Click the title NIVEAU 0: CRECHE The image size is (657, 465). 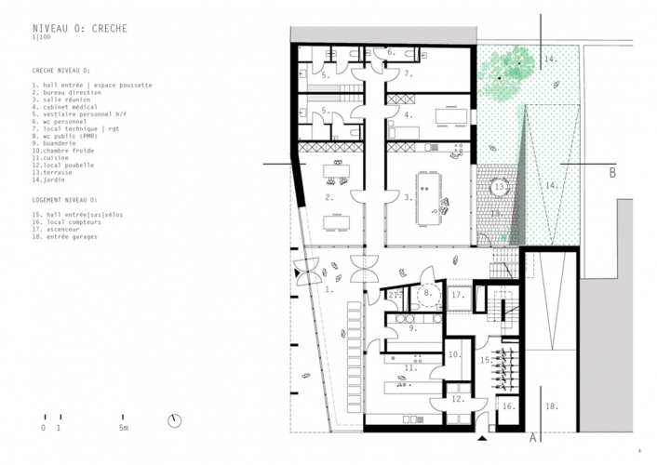pyautogui.click(x=79, y=29)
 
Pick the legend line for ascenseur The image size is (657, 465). pyautogui.click(x=64, y=230)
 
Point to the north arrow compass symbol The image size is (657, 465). pyautogui.click(x=173, y=420)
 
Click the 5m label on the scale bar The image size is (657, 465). pyautogui.click(x=124, y=429)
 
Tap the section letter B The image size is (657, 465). pyautogui.click(x=612, y=172)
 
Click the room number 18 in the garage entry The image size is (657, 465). pyautogui.click(x=551, y=406)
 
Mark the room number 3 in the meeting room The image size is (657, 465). pyautogui.click(x=408, y=198)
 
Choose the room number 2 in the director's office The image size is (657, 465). pyautogui.click(x=329, y=198)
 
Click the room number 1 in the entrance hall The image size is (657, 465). pyautogui.click(x=328, y=289)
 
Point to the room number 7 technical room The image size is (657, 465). pyautogui.click(x=408, y=73)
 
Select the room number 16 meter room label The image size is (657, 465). pyautogui.click(x=508, y=406)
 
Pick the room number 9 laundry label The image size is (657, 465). pyautogui.click(x=412, y=327)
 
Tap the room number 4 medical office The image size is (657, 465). pyautogui.click(x=408, y=115)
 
